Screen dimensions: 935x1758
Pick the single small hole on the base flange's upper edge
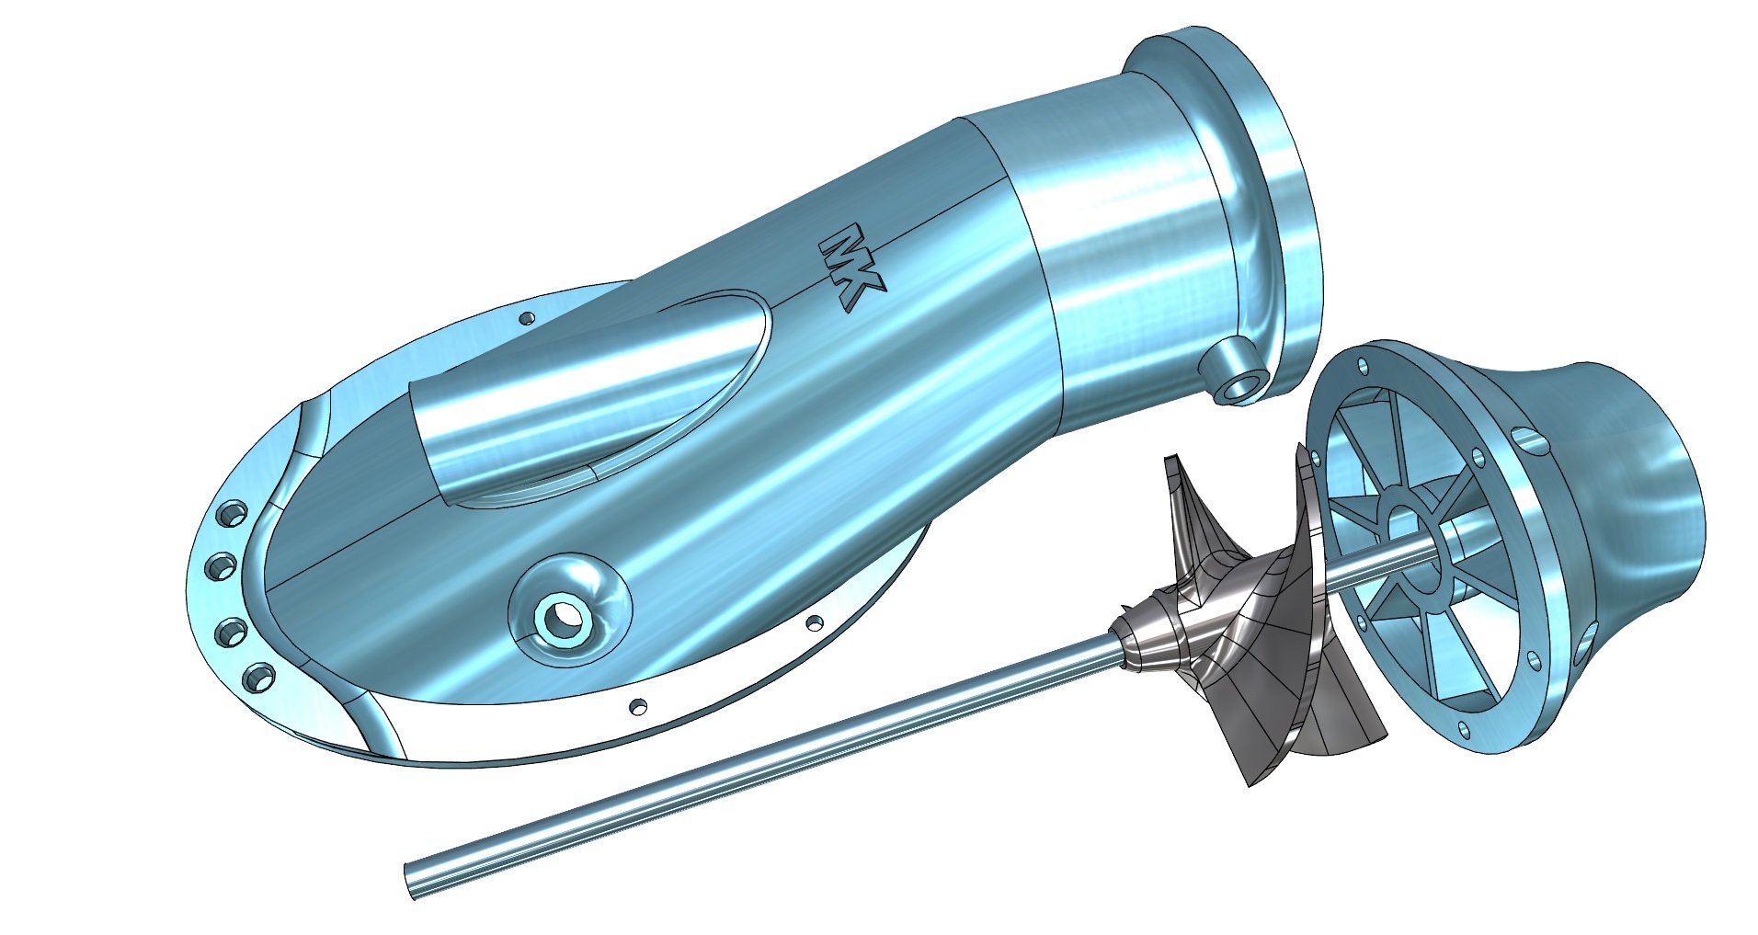click(x=527, y=318)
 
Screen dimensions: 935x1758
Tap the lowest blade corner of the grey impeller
click(x=1252, y=782)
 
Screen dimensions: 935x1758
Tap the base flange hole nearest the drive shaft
click(x=634, y=706)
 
